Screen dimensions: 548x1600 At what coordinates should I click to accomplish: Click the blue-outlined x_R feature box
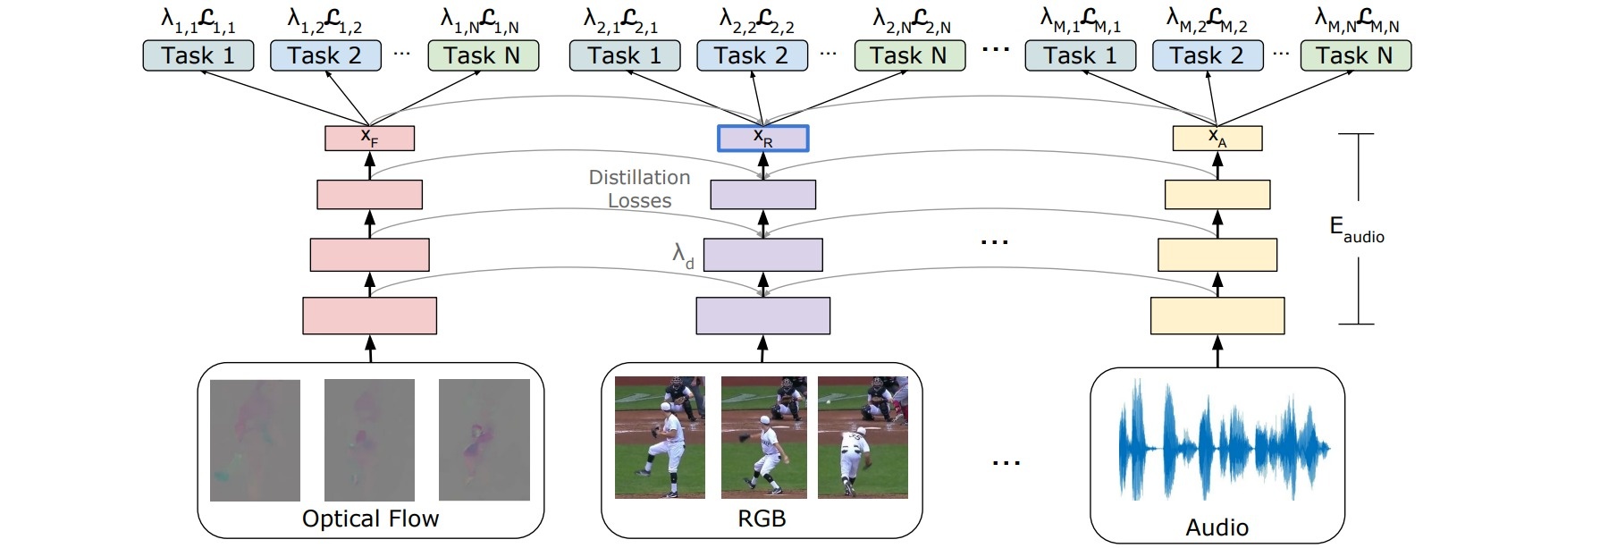coord(762,138)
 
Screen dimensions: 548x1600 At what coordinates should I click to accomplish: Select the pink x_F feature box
coord(369,138)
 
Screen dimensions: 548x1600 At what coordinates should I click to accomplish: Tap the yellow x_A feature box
coord(1217,138)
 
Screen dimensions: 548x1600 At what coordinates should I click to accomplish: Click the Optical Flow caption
coord(370,518)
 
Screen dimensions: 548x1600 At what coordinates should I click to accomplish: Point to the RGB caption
coord(762,518)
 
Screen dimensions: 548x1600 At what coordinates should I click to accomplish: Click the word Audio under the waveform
coord(1217,527)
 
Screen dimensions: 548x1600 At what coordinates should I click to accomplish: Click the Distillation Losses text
coord(639,189)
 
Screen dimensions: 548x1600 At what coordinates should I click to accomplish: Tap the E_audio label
coord(1356,229)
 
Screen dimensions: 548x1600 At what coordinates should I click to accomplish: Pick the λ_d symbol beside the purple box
coord(683,256)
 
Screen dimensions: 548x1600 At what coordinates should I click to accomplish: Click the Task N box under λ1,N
coord(483,55)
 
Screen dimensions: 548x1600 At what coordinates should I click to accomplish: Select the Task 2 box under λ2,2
coord(752,55)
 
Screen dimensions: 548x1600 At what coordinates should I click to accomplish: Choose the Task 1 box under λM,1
coord(1080,55)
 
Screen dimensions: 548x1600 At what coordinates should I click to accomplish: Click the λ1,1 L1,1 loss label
coord(198,21)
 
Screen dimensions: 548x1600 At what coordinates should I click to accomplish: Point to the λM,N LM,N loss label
coord(1356,21)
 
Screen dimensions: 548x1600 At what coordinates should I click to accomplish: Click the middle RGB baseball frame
coord(763,437)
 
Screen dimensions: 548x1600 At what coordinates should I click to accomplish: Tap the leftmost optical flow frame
coord(255,440)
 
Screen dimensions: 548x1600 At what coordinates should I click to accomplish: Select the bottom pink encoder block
coord(369,316)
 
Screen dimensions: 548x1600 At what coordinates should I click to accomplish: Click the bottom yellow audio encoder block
coord(1217,316)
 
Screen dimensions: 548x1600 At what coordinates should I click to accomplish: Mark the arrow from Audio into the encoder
coord(1217,351)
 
